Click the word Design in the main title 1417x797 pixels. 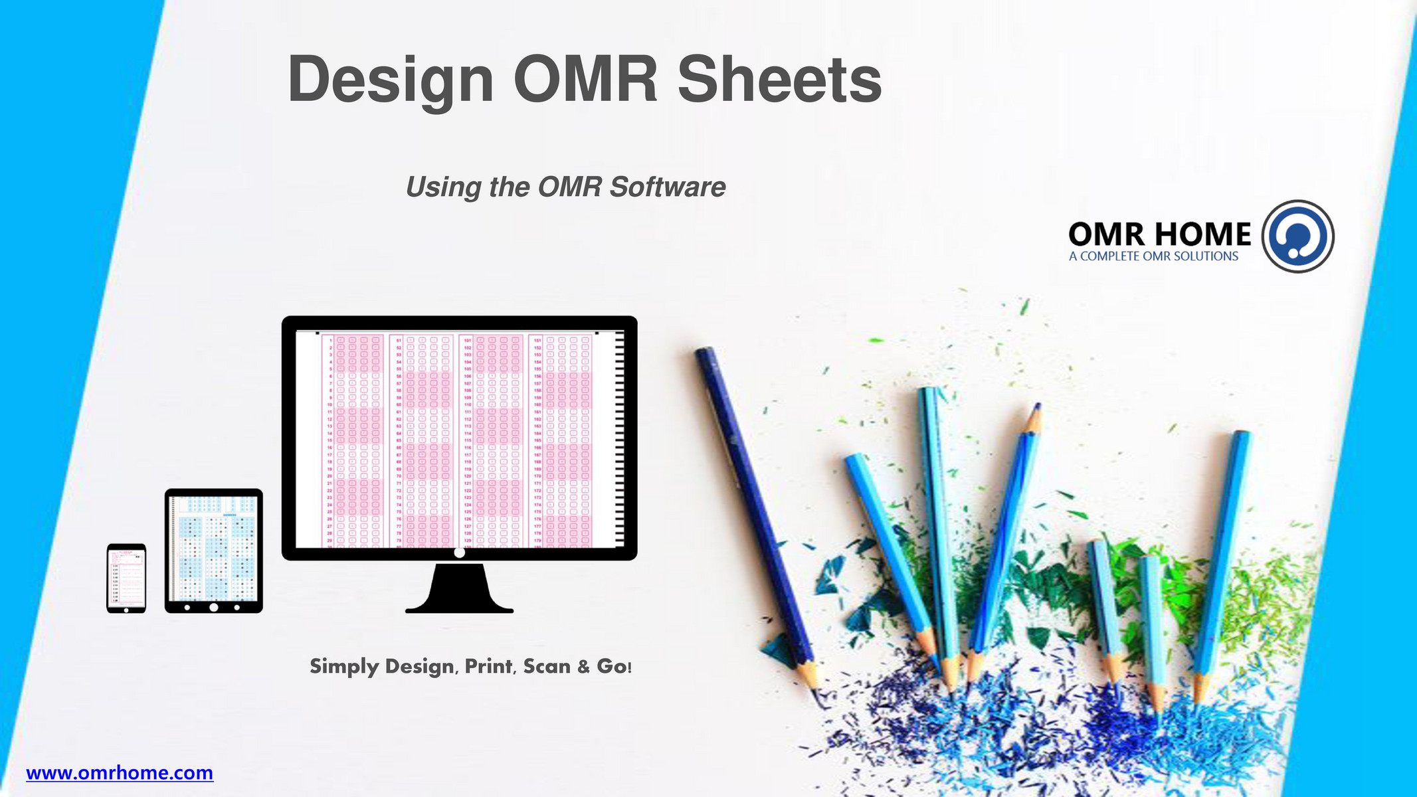(x=391, y=80)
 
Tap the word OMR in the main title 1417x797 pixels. (x=585, y=80)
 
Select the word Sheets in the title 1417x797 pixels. (x=779, y=80)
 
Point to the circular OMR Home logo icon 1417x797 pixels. (x=1297, y=236)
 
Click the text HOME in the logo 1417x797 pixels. (x=1202, y=234)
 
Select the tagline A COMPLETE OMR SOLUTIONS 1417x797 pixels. (x=1153, y=256)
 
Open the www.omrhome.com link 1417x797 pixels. (x=120, y=773)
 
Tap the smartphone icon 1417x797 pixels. (x=126, y=578)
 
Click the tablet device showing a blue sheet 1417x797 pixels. (x=213, y=550)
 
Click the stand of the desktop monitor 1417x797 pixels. (x=459, y=589)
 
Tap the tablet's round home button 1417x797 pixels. (x=213, y=607)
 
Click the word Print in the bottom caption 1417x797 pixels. (x=489, y=666)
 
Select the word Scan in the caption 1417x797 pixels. (x=546, y=666)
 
